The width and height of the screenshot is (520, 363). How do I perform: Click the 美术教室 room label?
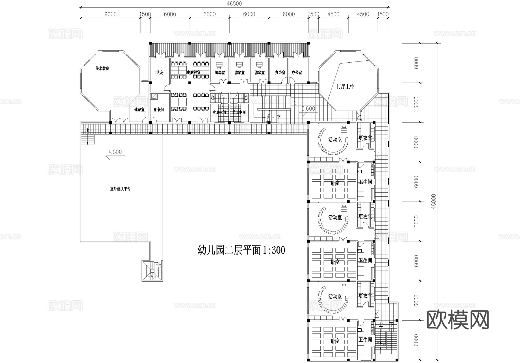tap(102, 69)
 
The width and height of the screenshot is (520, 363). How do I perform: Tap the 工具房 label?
tap(158, 72)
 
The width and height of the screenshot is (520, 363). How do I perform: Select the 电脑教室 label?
tap(194, 72)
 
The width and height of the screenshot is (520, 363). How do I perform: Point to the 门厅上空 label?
tap(345, 86)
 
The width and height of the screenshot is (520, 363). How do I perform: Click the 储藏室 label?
tap(139, 110)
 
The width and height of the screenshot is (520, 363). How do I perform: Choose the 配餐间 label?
tap(159, 110)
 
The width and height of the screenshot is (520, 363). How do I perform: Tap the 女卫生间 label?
tap(219, 112)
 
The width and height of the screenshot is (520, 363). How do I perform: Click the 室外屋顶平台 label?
tap(120, 189)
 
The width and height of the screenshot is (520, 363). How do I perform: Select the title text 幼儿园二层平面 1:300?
tap(241, 250)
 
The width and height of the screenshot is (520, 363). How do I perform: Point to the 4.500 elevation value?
tap(115, 152)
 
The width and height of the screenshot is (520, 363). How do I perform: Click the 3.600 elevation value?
tap(308, 109)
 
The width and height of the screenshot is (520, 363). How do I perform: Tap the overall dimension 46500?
tap(234, 4)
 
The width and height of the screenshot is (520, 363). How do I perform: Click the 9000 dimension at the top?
tap(110, 14)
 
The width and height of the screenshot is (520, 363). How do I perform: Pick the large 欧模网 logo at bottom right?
tap(458, 320)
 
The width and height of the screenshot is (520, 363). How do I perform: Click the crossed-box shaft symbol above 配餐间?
tap(154, 97)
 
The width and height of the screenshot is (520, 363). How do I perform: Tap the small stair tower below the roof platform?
tap(152, 271)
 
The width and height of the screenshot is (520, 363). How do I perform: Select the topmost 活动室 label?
tap(335, 140)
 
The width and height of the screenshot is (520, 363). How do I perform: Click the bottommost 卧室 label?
tap(335, 341)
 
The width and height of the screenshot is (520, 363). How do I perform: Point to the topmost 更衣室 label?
tap(365, 138)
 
